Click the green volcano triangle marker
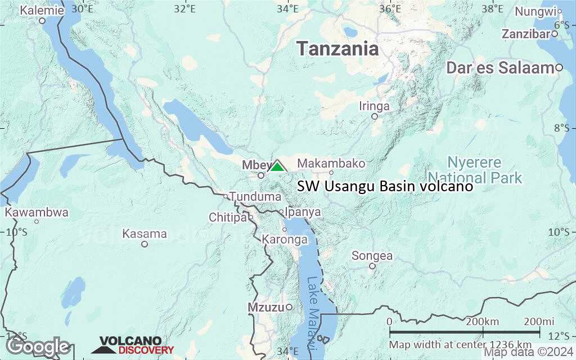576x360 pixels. coord(277,166)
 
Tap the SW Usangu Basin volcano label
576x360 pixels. coord(385,186)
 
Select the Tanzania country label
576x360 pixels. coord(337,48)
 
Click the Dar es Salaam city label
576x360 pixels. coord(500,68)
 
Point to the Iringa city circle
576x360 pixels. coord(375,116)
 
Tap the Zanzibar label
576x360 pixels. coord(525,34)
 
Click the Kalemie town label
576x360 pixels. coord(42,10)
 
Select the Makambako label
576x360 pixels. coord(331,163)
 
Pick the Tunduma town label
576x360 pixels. coord(255,197)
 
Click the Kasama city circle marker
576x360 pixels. coord(145,244)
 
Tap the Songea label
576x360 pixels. coord(372,256)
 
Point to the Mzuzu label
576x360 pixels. coord(265,307)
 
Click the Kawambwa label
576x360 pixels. coord(37,212)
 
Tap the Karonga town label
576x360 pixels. coord(285,239)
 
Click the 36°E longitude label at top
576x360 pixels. coord(389,8)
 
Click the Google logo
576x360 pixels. coord(38,346)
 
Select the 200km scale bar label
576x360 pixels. coord(483,321)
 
